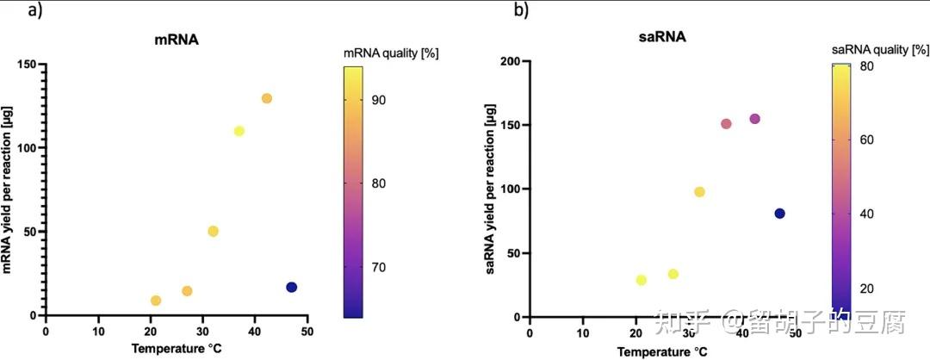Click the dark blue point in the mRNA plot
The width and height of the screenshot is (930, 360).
[291, 287]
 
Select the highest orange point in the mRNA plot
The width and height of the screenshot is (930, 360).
[266, 98]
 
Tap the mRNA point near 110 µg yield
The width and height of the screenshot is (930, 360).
[239, 131]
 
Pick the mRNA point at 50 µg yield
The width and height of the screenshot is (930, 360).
[213, 231]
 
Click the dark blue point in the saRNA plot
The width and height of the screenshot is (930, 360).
[779, 214]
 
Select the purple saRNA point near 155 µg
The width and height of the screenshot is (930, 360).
[754, 119]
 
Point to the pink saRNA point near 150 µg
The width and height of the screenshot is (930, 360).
[726, 124]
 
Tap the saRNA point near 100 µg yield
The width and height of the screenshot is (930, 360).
[699, 192]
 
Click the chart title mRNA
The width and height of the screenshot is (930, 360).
[177, 39]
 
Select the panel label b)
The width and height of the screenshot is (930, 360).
[521, 10]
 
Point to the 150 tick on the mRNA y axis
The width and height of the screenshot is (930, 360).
[28, 65]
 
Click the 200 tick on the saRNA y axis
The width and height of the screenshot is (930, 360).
[510, 61]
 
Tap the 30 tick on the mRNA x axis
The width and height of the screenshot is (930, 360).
[202, 331]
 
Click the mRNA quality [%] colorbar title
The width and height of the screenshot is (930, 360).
[391, 53]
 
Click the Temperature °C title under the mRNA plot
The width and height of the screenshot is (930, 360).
[176, 349]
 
